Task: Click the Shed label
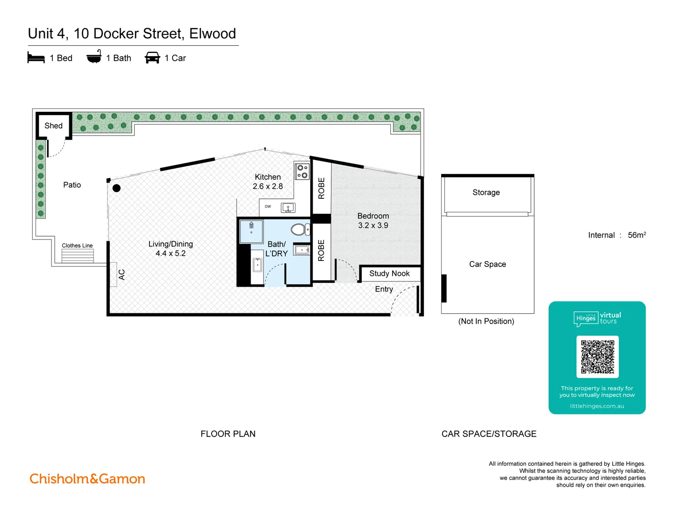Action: pyautogui.click(x=53, y=126)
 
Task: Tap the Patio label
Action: pyautogui.click(x=72, y=185)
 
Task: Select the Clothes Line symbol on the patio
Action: pyautogui.click(x=78, y=255)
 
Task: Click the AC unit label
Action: pyautogui.click(x=122, y=274)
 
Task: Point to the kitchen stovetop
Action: pyautogui.click(x=302, y=171)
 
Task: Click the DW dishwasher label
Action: pyautogui.click(x=268, y=206)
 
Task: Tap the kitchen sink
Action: pyautogui.click(x=288, y=208)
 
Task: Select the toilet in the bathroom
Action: pyautogui.click(x=299, y=230)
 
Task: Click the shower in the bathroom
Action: pyautogui.click(x=251, y=231)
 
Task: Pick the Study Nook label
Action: pyautogui.click(x=389, y=274)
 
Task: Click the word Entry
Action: pyautogui.click(x=384, y=289)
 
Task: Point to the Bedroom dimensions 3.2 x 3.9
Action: pyautogui.click(x=373, y=225)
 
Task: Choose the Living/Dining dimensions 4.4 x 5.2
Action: pyautogui.click(x=171, y=253)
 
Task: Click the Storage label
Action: pyautogui.click(x=486, y=193)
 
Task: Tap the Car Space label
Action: pyautogui.click(x=487, y=264)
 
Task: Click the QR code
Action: pyautogui.click(x=597, y=357)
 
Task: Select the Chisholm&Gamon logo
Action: pyautogui.click(x=87, y=479)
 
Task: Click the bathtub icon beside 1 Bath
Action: pyautogui.click(x=94, y=57)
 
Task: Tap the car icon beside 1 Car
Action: pyautogui.click(x=152, y=58)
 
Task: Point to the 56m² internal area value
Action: pyautogui.click(x=637, y=235)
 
